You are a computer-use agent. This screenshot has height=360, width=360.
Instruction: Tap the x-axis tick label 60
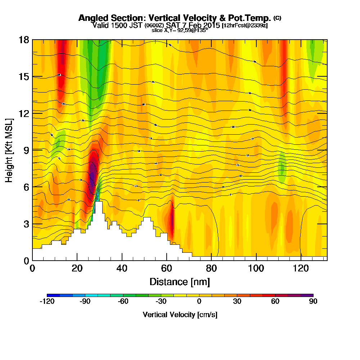click(166, 269)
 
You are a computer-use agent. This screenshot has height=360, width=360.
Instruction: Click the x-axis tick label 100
click(256, 269)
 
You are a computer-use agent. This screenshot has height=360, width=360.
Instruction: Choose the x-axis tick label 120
click(301, 269)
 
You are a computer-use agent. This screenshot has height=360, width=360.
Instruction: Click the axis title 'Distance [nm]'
click(180, 282)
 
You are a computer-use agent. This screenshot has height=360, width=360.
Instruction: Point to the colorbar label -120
click(47, 302)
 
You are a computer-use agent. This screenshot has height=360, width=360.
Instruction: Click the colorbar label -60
click(123, 302)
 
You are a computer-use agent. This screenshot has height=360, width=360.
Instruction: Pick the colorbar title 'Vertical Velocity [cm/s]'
click(180, 315)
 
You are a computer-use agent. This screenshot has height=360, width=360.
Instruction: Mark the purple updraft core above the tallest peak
click(93, 175)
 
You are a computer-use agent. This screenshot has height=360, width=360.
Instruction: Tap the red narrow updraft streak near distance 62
click(172, 221)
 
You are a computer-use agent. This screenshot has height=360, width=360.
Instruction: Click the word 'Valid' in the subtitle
click(99, 25)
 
